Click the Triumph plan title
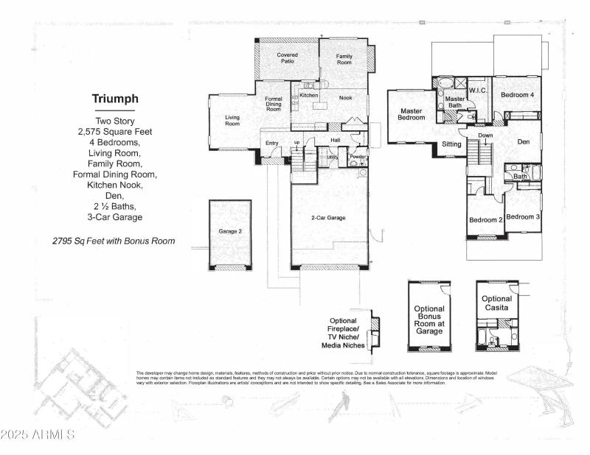[x=115, y=99]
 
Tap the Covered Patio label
[x=287, y=58]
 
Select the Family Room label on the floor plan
[x=344, y=60]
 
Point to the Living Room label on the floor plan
[x=232, y=120]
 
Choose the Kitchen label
[x=308, y=95]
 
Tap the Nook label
[x=345, y=97]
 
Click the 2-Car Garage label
[x=328, y=217]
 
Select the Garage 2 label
[x=230, y=231]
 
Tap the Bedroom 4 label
[x=517, y=95]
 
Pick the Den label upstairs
[x=523, y=141]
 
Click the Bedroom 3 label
[x=523, y=216]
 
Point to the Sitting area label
[x=451, y=144]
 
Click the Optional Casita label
[x=496, y=303]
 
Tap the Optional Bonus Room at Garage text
[x=428, y=320]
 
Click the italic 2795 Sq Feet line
[x=114, y=241]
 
